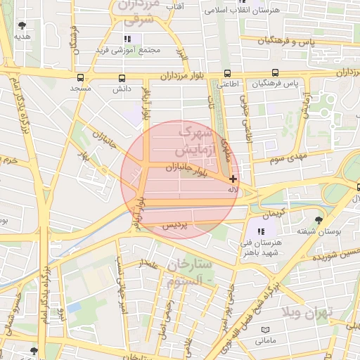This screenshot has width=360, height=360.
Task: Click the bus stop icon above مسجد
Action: pyautogui.click(x=80, y=77)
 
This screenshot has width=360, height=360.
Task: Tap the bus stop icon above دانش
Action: pyautogui.click(x=122, y=77)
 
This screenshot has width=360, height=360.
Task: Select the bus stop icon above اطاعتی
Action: pyautogui.click(x=226, y=73)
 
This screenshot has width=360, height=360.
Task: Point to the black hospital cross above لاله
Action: pyautogui.click(x=233, y=179)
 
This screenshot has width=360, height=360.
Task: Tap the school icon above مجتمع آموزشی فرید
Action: pyautogui.click(x=127, y=39)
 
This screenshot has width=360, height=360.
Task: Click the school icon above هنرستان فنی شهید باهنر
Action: pyautogui.click(x=261, y=231)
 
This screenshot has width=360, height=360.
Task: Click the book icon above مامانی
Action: pyautogui.click(x=265, y=330)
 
